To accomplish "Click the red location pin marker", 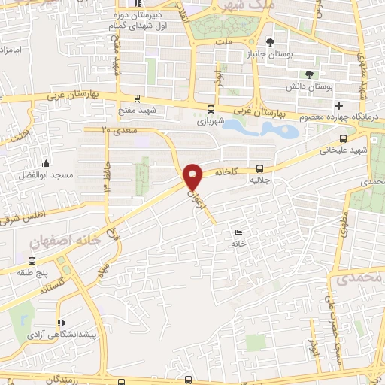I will click(x=194, y=177).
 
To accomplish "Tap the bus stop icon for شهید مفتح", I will click(x=137, y=98).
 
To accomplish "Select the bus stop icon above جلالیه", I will click(x=259, y=168).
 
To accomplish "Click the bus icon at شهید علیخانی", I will click(x=344, y=138).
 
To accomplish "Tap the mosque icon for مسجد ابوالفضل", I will click(x=47, y=163).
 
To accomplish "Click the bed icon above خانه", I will click(x=238, y=232).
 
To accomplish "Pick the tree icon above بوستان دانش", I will click(x=309, y=74).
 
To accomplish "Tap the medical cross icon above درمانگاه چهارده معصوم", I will click(x=339, y=105).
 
